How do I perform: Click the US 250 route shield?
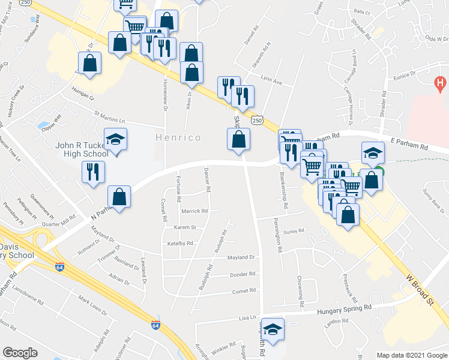(257, 121)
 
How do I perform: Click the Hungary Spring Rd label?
(343, 308)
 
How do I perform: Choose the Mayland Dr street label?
(241, 257)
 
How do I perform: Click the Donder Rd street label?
(243, 274)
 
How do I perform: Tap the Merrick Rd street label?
(195, 211)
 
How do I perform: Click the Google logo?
(20, 353)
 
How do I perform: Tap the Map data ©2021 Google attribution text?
(412, 355)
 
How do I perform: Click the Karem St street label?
(185, 227)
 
